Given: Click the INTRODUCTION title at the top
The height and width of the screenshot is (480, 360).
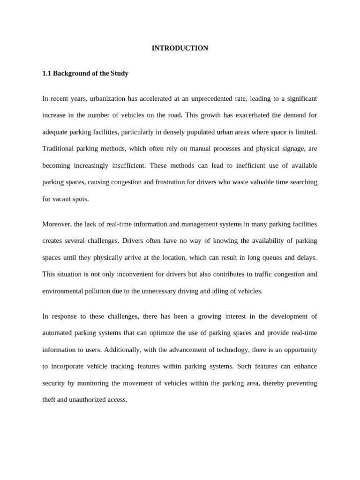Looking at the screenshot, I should coord(180,48).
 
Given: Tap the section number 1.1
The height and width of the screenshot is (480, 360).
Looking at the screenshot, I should coord(47,74).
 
